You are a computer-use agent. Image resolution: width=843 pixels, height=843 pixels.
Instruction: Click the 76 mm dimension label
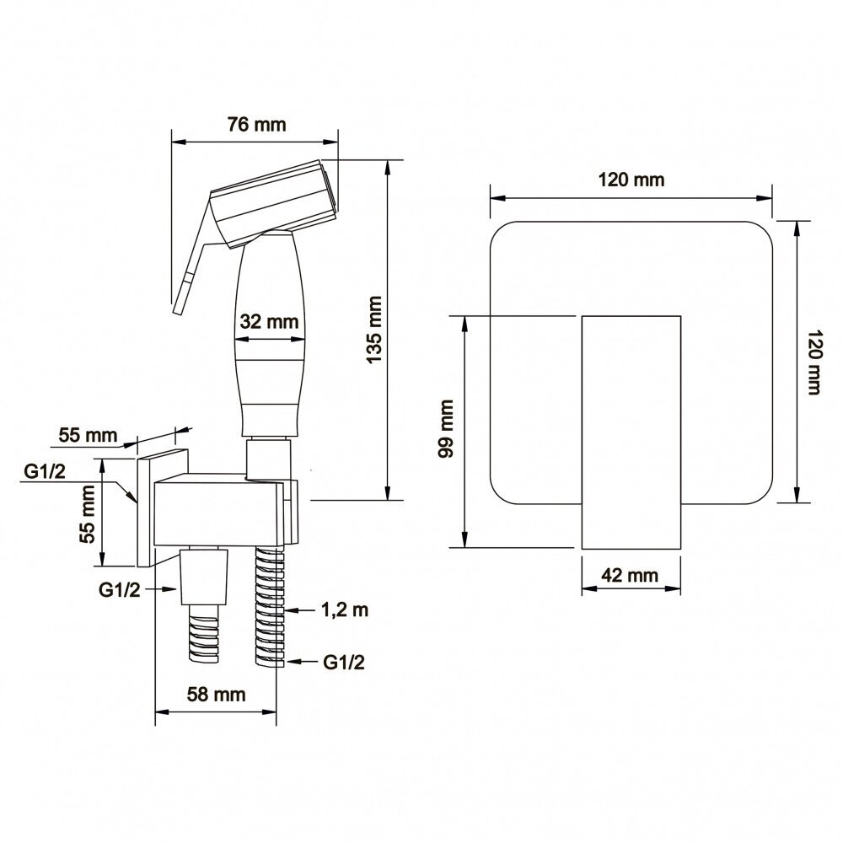point(256,125)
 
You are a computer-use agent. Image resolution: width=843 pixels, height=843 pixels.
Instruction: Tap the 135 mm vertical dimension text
point(374,329)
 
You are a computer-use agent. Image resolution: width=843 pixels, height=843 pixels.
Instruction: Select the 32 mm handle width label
point(269,321)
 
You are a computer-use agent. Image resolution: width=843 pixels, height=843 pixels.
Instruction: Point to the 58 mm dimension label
point(216,694)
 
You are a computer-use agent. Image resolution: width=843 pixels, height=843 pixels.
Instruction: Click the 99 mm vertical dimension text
point(446,428)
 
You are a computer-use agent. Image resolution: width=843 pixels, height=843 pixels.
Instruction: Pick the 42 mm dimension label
point(630,575)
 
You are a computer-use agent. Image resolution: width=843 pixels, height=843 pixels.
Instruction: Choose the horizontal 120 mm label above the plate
point(631,180)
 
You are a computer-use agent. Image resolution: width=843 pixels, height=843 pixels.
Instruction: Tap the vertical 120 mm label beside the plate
point(814,362)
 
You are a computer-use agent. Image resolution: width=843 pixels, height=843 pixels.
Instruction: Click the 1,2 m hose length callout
point(345,610)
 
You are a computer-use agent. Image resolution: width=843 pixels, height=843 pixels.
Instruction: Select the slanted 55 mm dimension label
point(88,435)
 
